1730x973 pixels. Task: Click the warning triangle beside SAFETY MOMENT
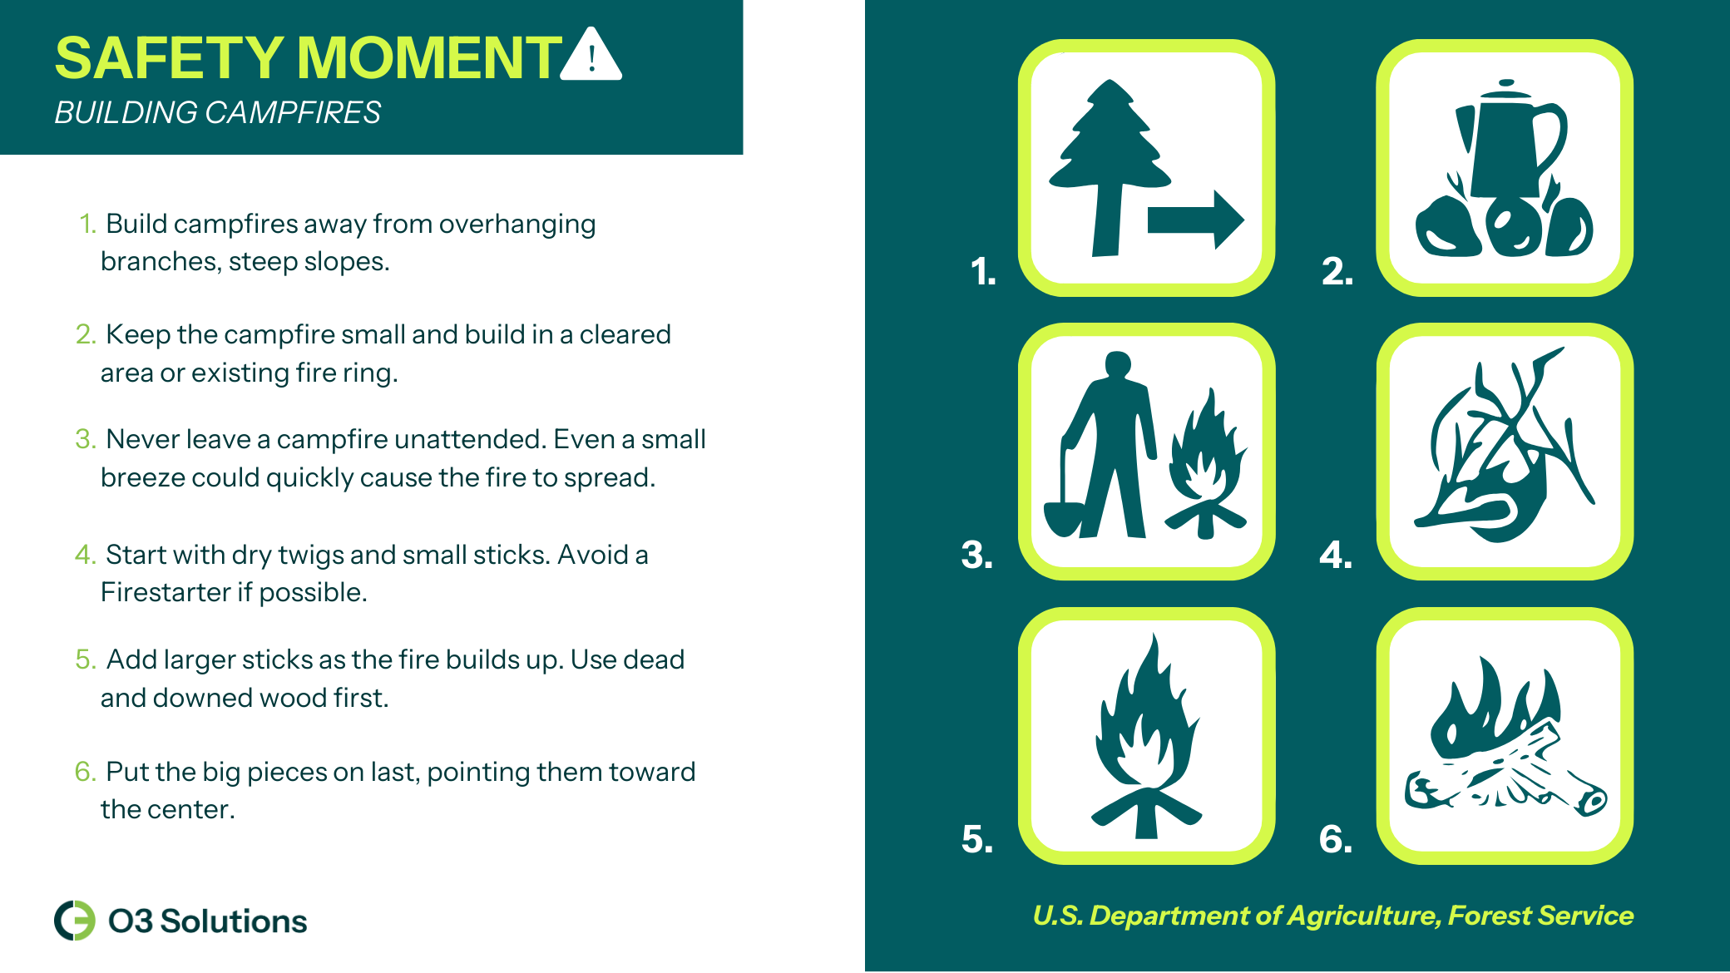(x=591, y=55)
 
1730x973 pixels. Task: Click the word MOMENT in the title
(x=430, y=58)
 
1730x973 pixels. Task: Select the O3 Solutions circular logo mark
(x=75, y=921)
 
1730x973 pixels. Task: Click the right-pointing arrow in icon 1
(x=1195, y=220)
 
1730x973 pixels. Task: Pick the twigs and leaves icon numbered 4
(x=1505, y=446)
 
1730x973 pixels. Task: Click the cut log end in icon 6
(x=1594, y=800)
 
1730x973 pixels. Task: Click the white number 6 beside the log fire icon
(x=1336, y=839)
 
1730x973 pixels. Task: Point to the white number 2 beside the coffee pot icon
(x=1337, y=271)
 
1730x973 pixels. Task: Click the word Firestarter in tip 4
(x=166, y=592)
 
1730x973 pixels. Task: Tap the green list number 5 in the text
(x=85, y=659)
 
